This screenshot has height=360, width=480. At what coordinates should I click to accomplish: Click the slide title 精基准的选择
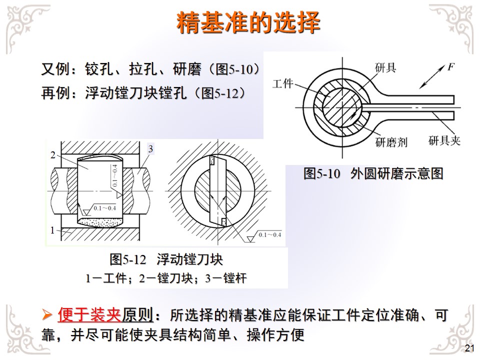248,22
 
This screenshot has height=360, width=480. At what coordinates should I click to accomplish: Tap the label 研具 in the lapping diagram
385,67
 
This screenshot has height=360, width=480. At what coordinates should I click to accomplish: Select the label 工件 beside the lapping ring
282,83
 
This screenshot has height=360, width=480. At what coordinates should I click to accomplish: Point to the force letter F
450,66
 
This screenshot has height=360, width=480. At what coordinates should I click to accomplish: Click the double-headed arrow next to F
431,77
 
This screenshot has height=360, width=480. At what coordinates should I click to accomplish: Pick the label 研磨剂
391,142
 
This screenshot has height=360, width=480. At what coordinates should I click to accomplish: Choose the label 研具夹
444,140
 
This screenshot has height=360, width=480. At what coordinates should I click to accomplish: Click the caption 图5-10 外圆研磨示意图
373,173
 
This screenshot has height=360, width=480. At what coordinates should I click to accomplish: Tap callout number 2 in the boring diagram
53,155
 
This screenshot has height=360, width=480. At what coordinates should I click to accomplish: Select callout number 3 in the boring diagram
150,149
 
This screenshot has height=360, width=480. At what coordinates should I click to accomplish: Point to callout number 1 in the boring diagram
52,230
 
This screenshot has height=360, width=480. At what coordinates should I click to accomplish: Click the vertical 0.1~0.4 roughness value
114,175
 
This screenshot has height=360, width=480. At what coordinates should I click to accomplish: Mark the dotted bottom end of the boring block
99,222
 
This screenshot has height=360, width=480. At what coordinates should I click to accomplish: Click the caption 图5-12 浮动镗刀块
166,259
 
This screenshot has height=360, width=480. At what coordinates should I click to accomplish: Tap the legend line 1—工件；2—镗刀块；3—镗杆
166,278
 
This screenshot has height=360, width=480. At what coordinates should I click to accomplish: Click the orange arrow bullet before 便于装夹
47,314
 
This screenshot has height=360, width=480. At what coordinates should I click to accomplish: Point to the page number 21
469,348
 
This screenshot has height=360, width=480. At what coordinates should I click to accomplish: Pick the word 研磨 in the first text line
187,69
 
